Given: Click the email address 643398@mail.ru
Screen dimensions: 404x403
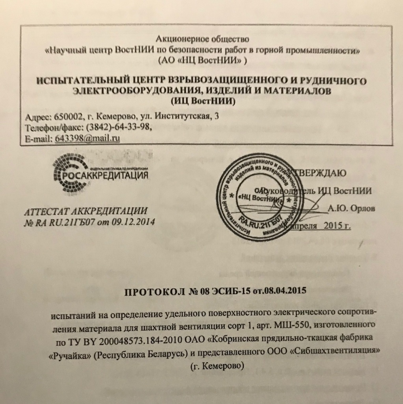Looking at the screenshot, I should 88,138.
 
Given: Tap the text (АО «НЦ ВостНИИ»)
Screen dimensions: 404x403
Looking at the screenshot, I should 202,60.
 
